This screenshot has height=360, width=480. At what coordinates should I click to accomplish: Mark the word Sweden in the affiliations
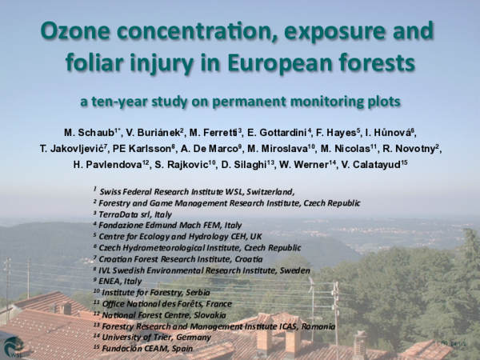pyautogui.click(x=291, y=270)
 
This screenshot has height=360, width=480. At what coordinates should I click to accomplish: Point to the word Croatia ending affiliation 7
pyautogui.click(x=242, y=259)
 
